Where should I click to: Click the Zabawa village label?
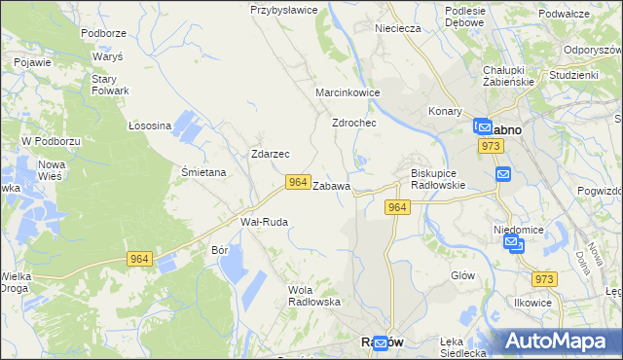coord(331,185)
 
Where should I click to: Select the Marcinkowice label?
coord(348,92)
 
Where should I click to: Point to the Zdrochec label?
coord(354,124)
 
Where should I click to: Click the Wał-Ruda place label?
coord(264,222)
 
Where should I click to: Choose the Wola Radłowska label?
coord(314,295)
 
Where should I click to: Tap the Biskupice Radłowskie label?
coord(432,179)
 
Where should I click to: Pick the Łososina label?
coord(150,126)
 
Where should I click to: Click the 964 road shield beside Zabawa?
coord(299,182)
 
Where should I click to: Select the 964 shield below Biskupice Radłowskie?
coord(397,207)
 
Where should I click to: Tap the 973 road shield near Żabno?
coord(491,145)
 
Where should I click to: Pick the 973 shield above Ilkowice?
coord(545,279)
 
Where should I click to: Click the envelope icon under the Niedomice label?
coord(516,245)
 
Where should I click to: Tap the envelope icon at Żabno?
coord(482,126)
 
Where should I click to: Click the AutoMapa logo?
coord(560,341)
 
